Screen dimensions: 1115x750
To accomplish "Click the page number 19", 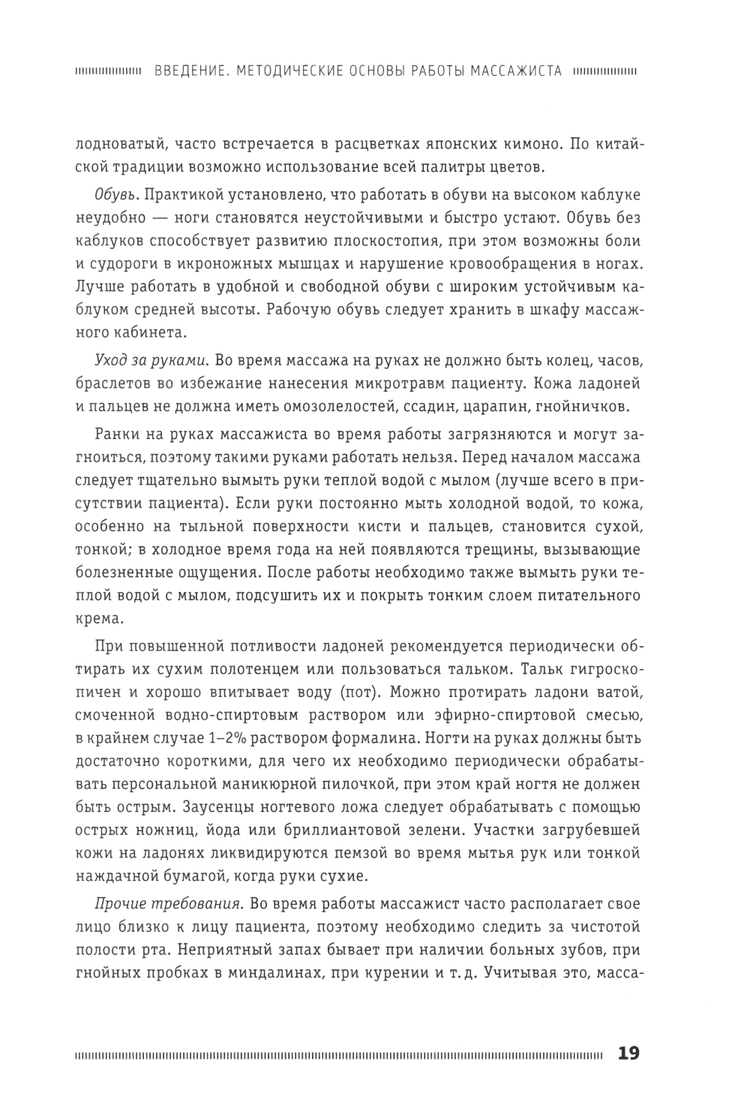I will (628, 1053).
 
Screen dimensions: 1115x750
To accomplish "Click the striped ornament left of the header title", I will (109, 72).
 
